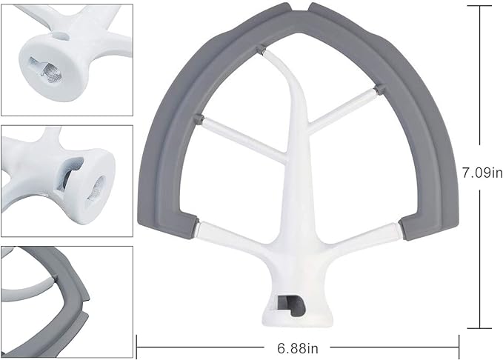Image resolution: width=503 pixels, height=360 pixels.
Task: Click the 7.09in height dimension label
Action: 482,173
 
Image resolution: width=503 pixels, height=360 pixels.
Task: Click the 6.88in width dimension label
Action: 298,345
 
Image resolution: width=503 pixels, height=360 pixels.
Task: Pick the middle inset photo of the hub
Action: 67,180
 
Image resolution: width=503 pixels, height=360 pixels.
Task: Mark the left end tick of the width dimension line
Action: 139,345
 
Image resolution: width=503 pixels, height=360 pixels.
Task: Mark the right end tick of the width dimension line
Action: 459,345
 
